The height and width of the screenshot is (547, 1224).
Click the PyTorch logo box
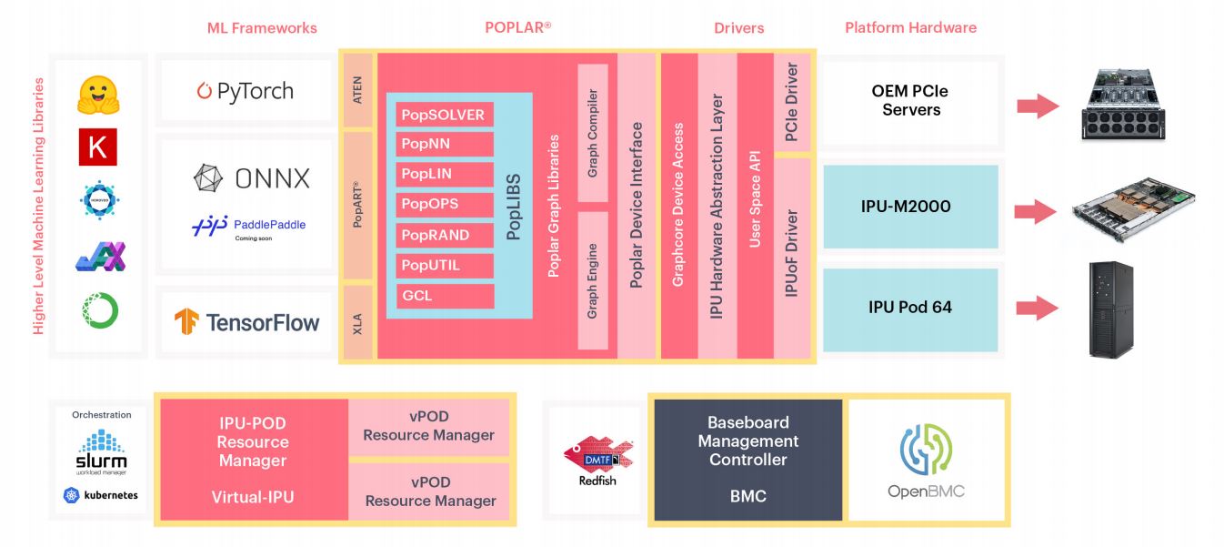click(245, 91)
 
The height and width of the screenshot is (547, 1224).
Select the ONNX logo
click(252, 178)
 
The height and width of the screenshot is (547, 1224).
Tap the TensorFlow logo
click(247, 321)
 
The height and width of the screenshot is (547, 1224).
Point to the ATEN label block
click(357, 90)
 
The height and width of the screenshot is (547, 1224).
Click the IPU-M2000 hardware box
click(909, 207)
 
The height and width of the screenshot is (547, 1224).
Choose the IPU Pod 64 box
click(909, 308)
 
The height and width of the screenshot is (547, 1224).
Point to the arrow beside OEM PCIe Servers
click(1038, 106)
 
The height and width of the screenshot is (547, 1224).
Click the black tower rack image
click(1110, 309)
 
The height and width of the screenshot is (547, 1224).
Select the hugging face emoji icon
click(98, 95)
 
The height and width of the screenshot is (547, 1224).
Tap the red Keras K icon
click(97, 147)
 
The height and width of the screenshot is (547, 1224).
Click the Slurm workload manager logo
click(101, 452)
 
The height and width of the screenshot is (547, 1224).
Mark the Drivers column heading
click(738, 28)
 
